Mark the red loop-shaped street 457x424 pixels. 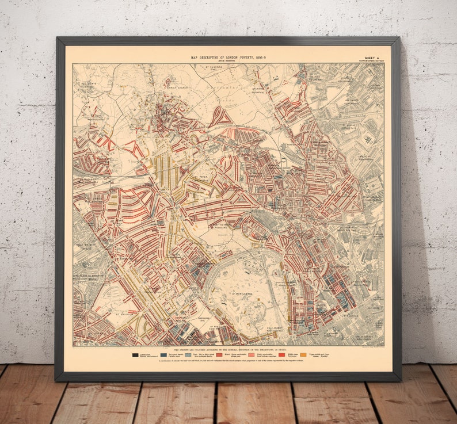pyautogui.click(x=222, y=117)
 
